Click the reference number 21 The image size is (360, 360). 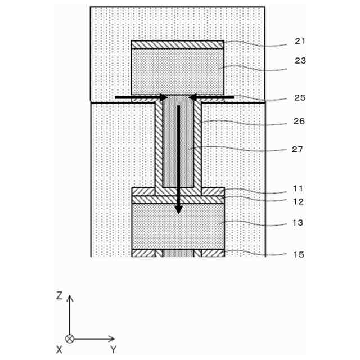point(299,41)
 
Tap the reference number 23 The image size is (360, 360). point(299,61)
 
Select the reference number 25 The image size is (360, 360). point(299,98)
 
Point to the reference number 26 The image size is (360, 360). point(299,120)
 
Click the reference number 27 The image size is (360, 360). point(299,149)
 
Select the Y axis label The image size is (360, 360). point(113,350)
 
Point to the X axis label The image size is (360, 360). point(59,350)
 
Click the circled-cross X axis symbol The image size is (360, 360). point(70,339)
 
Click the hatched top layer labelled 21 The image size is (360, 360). point(177,44)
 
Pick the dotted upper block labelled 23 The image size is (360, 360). point(177,71)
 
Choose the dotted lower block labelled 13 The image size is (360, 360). point(177,226)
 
